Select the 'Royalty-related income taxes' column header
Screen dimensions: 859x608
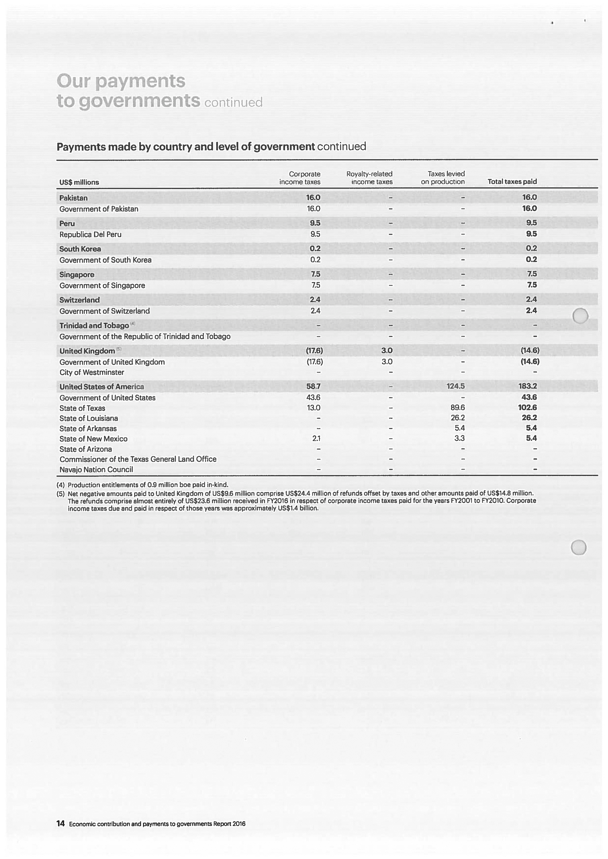pyautogui.click(x=369, y=178)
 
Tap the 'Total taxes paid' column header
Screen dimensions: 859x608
pyautogui.click(x=512, y=182)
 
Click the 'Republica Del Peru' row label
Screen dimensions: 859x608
pyautogui.click(x=90, y=234)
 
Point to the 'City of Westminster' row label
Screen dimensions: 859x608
pyautogui.click(x=92, y=372)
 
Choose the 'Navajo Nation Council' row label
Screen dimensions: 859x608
pyautogui.click(x=96, y=469)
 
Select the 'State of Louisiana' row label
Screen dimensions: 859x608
pyautogui.click(x=89, y=418)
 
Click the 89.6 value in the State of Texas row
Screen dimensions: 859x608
pyautogui.click(x=457, y=407)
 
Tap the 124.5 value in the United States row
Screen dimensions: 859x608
pyautogui.click(x=455, y=386)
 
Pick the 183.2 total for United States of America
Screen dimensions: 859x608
pyautogui.click(x=527, y=386)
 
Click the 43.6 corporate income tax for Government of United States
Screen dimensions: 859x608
pyautogui.click(x=313, y=397)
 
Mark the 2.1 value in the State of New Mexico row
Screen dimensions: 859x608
pyautogui.click(x=316, y=439)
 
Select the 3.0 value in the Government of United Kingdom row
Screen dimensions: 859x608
pyautogui.click(x=387, y=362)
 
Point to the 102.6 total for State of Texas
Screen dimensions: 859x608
pyautogui.click(x=527, y=407)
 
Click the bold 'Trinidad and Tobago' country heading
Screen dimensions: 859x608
pyautogui.click(x=94, y=326)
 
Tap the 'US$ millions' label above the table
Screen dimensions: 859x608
pyautogui.click(x=79, y=182)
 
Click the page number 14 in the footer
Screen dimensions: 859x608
pyautogui.click(x=60, y=823)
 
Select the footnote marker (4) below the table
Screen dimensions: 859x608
pyautogui.click(x=61, y=485)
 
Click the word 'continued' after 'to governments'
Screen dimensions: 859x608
pyautogui.click(x=233, y=102)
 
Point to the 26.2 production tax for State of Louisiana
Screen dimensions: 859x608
pyautogui.click(x=457, y=418)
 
